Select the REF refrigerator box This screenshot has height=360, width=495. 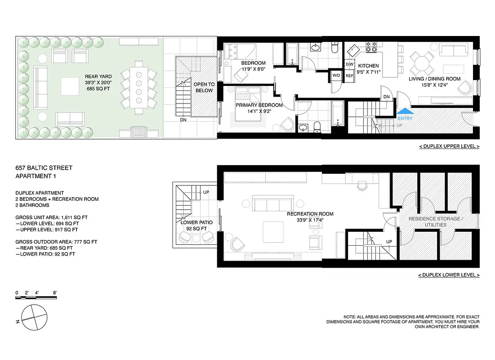pos(350,76)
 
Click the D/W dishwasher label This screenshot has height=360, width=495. pos(350,65)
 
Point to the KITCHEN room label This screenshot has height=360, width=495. pos(368,66)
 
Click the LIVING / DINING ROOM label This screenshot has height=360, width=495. pos(434,79)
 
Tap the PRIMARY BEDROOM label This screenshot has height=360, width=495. pos(259,105)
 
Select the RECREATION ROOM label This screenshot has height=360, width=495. pos(310,214)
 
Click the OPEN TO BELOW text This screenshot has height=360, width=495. pos(204,87)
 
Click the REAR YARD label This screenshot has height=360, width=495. pos(98,76)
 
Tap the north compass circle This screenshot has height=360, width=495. pos(34,317)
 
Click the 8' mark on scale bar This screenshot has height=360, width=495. pos(55,293)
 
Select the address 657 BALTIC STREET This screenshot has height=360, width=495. pos(44,168)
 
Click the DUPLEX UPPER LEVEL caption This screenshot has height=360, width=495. pos(449,146)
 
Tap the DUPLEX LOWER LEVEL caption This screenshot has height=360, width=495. pos(449,275)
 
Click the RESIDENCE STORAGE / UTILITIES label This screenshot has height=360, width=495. pos(434,221)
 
